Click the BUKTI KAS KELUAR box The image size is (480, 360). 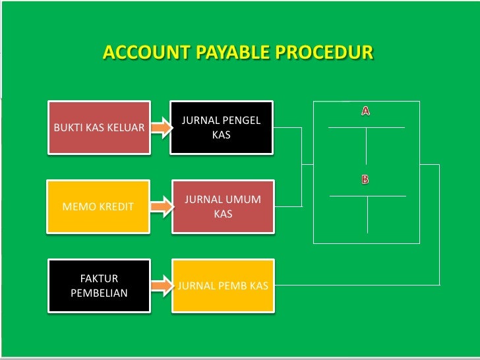99,127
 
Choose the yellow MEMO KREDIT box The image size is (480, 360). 98,206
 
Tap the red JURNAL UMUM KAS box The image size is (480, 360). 223,206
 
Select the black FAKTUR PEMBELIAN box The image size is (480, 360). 99,285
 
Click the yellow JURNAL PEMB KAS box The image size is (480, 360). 223,285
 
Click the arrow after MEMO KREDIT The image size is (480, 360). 160,206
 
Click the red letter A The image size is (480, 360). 365,111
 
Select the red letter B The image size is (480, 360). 365,179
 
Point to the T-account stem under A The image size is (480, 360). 367,145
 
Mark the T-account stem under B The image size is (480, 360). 367,214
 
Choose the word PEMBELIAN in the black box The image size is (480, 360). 99,293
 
